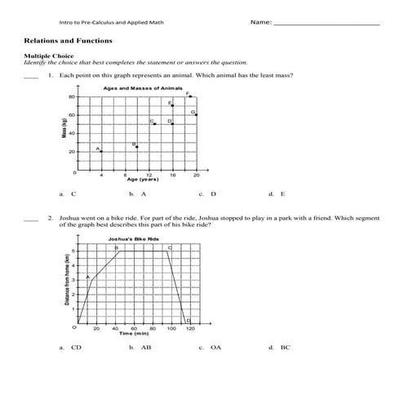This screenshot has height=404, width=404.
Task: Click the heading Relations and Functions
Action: pos(69,40)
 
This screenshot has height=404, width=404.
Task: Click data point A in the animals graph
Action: pos(101,152)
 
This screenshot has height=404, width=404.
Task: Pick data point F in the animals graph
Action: pos(190,96)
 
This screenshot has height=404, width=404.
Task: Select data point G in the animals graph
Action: pos(197,115)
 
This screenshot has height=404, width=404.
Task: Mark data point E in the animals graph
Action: pos(172,106)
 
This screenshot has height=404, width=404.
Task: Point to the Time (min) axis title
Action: pos(135,334)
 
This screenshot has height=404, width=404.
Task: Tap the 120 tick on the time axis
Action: pos(191,328)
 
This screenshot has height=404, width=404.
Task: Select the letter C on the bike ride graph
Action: pos(170,246)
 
